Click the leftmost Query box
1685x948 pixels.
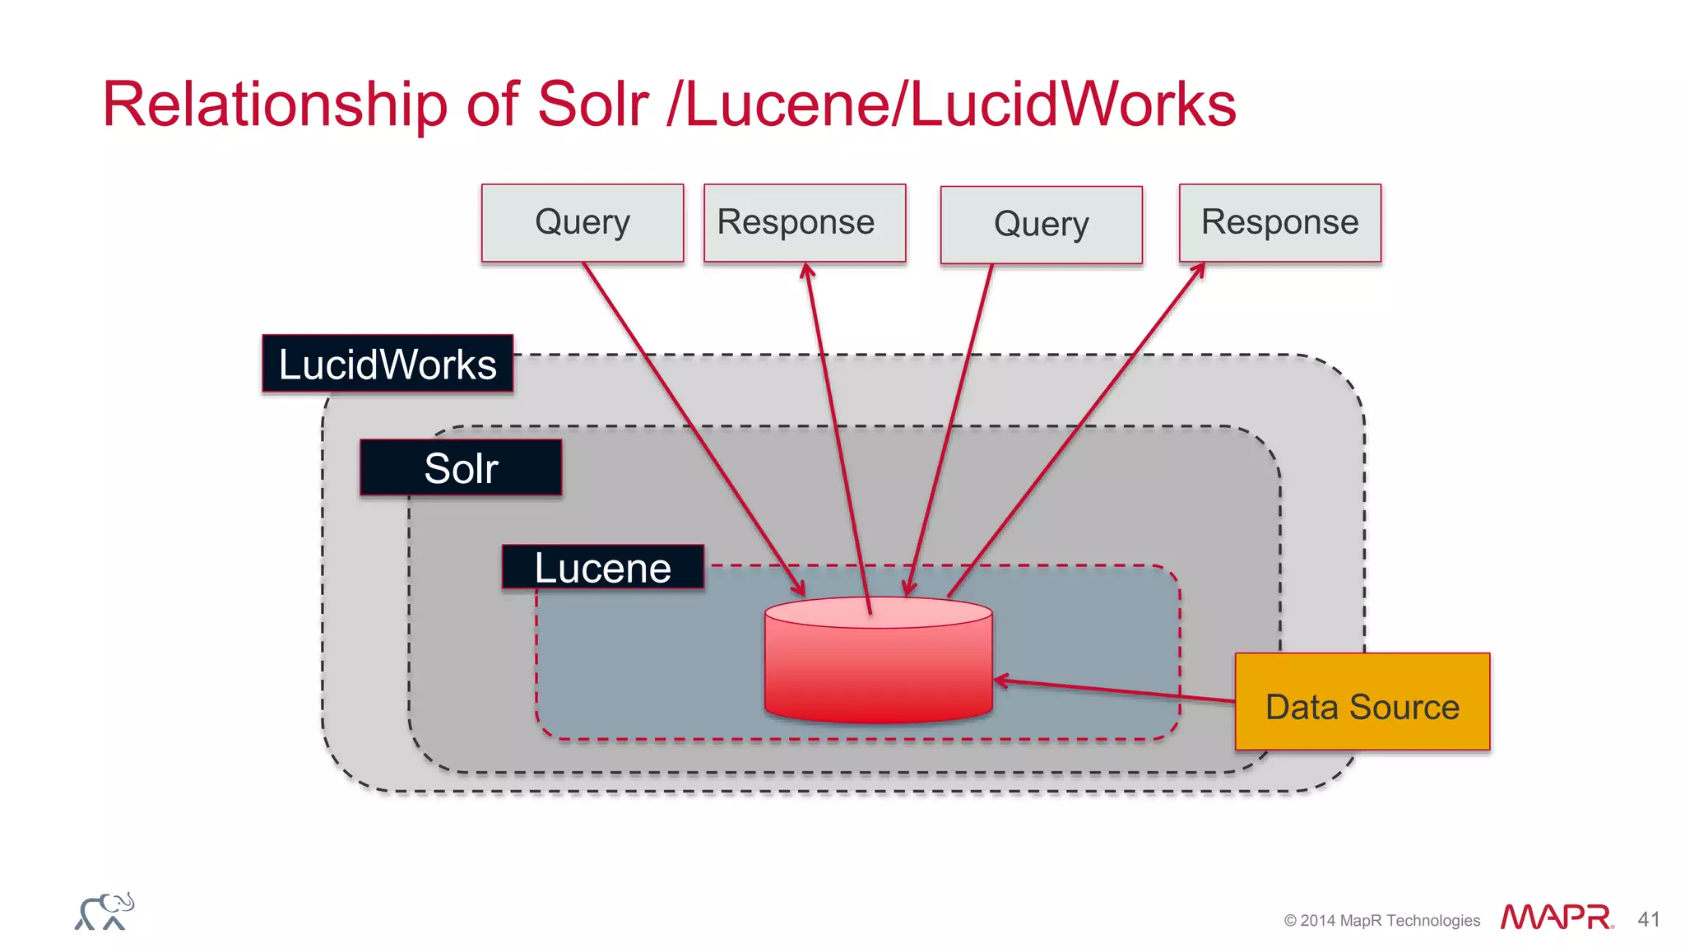click(583, 222)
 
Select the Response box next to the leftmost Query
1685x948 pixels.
click(805, 222)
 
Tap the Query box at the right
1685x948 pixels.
click(1042, 224)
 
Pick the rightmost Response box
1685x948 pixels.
click(1280, 222)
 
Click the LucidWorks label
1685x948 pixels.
click(388, 364)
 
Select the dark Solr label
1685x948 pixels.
click(461, 467)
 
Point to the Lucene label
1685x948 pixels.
click(603, 567)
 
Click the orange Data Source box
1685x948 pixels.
click(1362, 702)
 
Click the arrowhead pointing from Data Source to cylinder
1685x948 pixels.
click(1000, 681)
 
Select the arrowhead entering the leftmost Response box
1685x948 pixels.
click(807, 270)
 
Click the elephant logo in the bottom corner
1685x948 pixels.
click(104, 911)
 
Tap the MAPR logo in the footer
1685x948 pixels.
click(1556, 917)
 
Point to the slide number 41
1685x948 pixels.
click(1649, 919)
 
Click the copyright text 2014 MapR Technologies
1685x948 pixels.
click(1382, 920)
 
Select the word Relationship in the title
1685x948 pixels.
click(275, 105)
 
